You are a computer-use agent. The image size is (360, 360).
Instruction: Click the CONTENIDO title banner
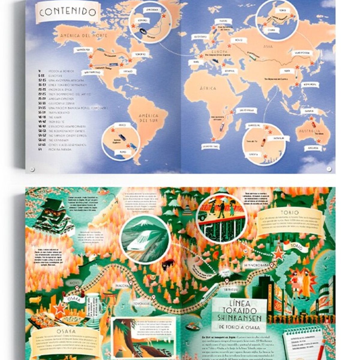tap(68, 12)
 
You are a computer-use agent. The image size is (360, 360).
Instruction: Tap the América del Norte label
tap(84, 36)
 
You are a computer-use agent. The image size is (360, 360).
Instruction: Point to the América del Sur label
tap(148, 118)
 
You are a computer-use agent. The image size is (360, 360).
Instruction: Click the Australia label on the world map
tap(309, 132)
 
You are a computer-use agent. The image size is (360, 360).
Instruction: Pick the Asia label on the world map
tap(268, 46)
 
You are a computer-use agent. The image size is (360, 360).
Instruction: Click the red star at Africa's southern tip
tap(213, 139)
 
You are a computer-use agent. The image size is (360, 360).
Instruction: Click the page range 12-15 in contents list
tap(42, 80)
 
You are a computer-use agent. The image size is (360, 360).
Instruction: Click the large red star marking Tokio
tap(279, 254)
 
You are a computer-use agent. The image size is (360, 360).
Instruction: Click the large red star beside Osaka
tap(59, 308)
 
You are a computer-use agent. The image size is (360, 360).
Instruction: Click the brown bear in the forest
tap(168, 264)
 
